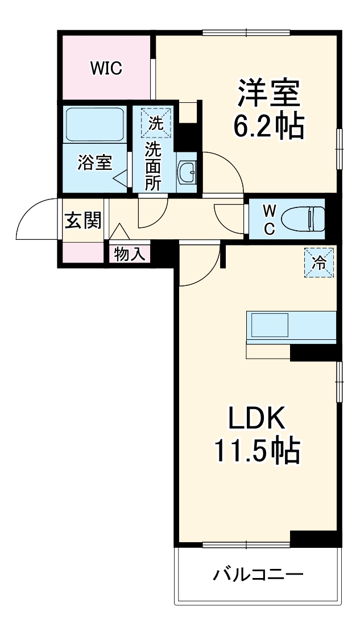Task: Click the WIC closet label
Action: pos(106,69)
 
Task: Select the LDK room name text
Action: pos(256,420)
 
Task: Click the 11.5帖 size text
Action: pos(256,451)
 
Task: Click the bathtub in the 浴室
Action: pos(95,124)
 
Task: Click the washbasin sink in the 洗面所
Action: pos(187,170)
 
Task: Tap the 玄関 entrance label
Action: pos(82,220)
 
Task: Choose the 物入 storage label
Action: pos(129,253)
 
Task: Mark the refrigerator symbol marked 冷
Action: pos(319,263)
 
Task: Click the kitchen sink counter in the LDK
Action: pos(291,326)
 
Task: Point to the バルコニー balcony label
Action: pos(258,574)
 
